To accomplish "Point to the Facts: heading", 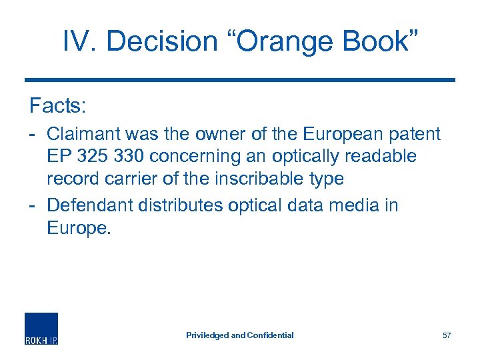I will [x=57, y=105].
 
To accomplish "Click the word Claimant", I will [x=85, y=134].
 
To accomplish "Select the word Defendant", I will [x=89, y=205].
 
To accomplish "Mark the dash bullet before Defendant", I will [x=33, y=205].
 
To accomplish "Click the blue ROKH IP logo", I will [x=41, y=329].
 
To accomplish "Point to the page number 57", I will [x=447, y=335].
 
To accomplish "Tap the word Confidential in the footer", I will [x=270, y=335].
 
